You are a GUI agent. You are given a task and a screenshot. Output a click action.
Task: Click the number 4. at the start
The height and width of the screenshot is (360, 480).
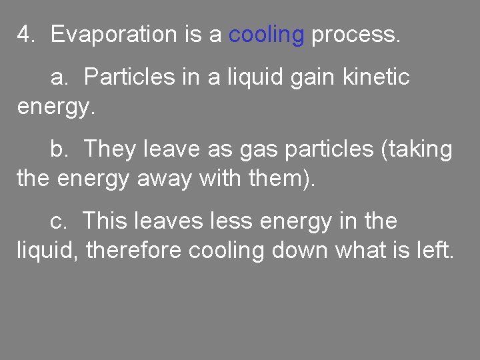(26, 34)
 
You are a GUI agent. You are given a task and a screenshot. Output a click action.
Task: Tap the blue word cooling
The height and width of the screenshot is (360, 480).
(266, 34)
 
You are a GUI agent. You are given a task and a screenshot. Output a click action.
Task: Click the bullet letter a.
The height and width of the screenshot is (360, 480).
(61, 77)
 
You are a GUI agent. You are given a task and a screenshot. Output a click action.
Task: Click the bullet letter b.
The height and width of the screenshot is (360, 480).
(60, 149)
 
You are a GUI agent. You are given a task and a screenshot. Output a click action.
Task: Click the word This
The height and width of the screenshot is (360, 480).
(107, 221)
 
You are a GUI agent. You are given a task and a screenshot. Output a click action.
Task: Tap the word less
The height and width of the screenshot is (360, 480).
(225, 221)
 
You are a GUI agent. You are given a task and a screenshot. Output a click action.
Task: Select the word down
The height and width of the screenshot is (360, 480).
(299, 251)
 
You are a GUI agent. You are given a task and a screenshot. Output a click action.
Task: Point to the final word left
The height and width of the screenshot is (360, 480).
(435, 251)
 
